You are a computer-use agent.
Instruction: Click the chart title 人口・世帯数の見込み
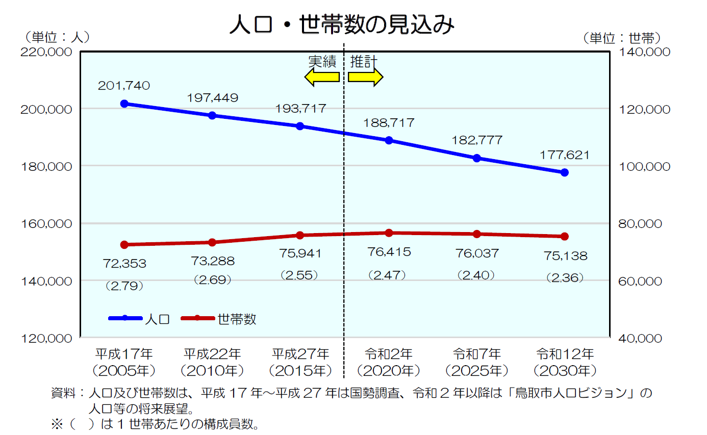point(341,24)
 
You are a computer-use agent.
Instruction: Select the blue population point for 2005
point(124,104)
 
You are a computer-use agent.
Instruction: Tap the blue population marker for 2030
point(565,172)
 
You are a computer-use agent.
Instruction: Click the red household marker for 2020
point(389,233)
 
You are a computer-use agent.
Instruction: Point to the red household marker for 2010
point(212,242)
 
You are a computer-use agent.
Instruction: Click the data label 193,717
point(300,109)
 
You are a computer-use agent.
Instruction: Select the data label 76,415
point(389,252)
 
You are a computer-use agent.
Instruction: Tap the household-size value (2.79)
point(124,286)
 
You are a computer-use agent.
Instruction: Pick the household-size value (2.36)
point(565,278)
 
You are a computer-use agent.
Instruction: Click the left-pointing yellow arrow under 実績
point(322,77)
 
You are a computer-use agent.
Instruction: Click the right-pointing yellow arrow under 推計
point(365,77)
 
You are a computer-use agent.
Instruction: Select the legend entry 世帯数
point(219,319)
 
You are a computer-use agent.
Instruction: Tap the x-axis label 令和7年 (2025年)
point(477,362)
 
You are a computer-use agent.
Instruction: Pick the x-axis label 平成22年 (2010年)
point(212,362)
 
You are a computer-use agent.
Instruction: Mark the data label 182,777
point(477,140)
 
